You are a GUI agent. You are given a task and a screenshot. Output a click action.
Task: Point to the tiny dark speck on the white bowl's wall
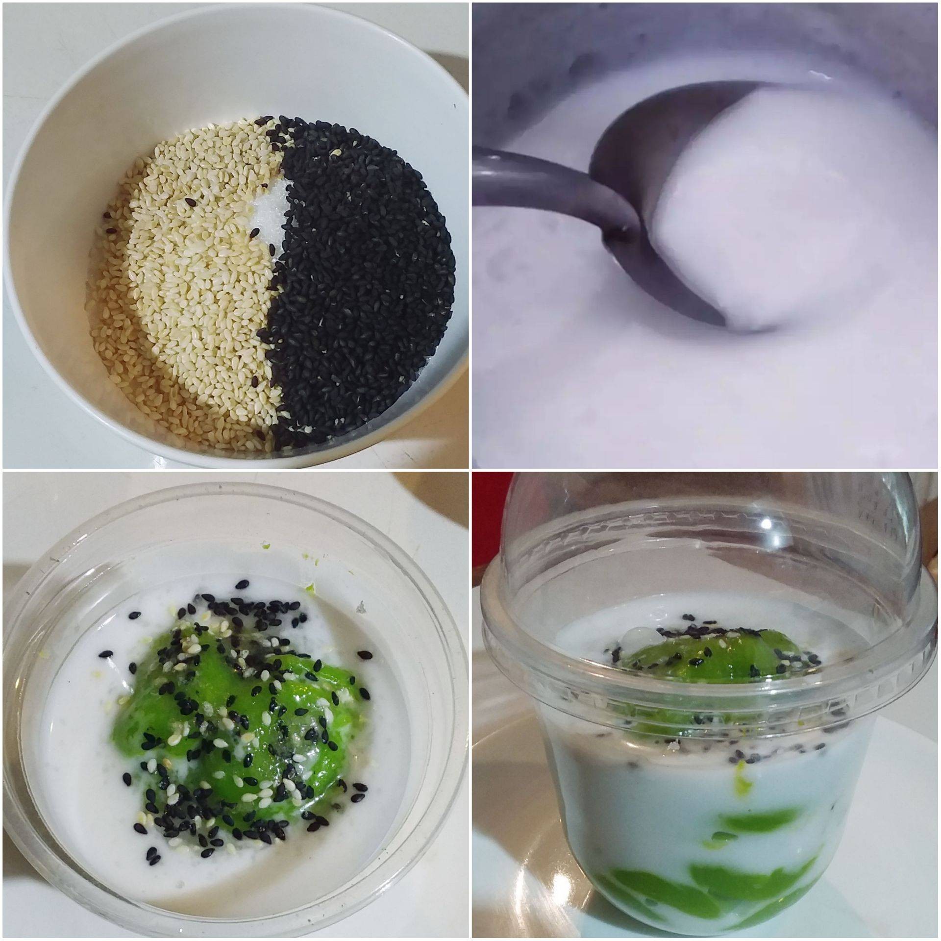pyautogui.click(x=455, y=106)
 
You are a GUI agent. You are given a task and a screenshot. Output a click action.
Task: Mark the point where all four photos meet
pyautogui.click(x=470, y=470)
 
